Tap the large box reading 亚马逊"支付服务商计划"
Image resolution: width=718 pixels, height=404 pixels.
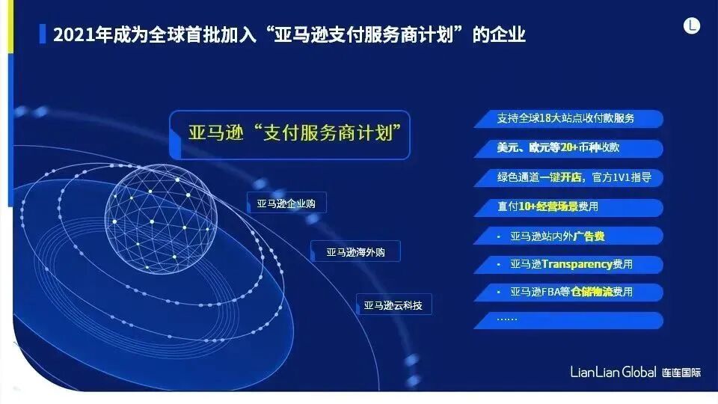point(289,135)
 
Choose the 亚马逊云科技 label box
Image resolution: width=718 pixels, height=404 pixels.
point(393,305)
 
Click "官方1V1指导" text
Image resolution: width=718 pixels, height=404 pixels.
point(622,178)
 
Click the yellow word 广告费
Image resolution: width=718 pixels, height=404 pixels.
point(589,236)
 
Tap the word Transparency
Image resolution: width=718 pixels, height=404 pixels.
point(576,264)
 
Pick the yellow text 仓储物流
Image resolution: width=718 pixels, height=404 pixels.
point(592,292)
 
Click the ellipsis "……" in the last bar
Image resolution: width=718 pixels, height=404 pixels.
point(507,319)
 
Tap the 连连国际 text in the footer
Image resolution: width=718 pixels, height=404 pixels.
point(681,373)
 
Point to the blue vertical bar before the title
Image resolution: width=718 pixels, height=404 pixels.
point(42,34)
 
